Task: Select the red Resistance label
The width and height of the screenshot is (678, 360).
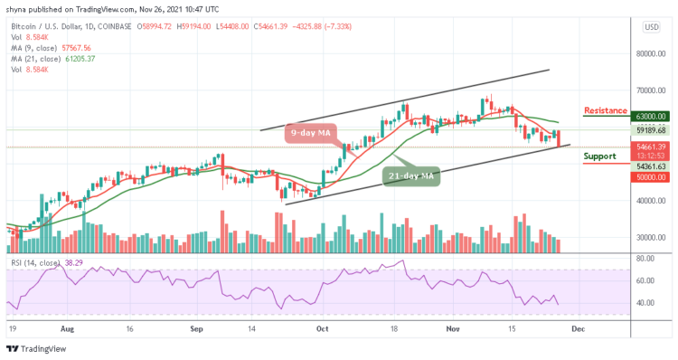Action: [x=606, y=110]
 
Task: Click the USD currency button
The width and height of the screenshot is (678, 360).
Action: [x=649, y=27]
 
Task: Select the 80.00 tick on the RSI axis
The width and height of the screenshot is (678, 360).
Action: [x=644, y=259]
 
